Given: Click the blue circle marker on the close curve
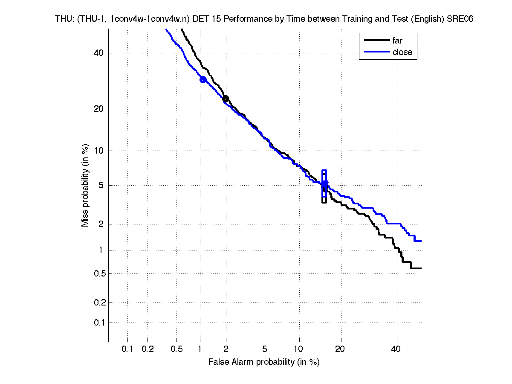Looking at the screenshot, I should pos(203,79).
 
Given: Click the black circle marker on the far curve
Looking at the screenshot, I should pos(226,99).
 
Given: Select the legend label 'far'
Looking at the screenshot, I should pos(397,41).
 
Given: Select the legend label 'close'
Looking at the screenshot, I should pos(402,52).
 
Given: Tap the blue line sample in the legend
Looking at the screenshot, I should pos(377,52).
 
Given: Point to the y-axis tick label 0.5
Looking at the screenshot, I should pos(98,273).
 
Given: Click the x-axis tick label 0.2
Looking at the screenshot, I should pos(148,349).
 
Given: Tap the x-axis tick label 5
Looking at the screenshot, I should pos(265,349).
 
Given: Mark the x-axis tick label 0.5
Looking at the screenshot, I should pos(177,349).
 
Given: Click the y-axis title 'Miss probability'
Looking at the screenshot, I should pos(86,186).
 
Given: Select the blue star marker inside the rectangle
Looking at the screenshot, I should pos(324,184).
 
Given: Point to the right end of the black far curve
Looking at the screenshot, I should pos(421,268).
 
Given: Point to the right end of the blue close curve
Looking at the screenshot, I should pos(421,241).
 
